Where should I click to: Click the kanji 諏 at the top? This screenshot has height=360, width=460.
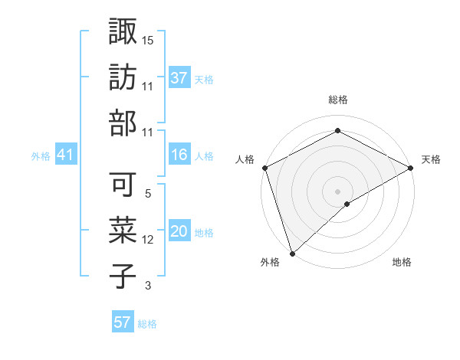click(x=123, y=33)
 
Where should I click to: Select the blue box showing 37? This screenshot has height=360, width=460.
click(x=179, y=77)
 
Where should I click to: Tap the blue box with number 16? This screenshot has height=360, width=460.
click(x=179, y=155)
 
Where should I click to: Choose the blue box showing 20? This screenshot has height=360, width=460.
click(x=179, y=232)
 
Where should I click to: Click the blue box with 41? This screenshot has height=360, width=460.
click(x=65, y=155)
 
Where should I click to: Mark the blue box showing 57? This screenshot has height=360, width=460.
click(x=123, y=322)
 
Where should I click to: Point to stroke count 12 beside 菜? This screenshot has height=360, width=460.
click(x=148, y=240)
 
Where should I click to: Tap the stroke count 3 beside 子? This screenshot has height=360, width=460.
click(x=148, y=286)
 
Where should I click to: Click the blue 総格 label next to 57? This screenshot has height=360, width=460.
click(x=147, y=324)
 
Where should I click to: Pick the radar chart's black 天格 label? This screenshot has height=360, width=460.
click(x=431, y=159)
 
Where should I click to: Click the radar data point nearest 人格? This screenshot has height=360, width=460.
click(x=264, y=168)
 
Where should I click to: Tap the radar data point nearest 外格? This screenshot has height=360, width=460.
click(x=291, y=253)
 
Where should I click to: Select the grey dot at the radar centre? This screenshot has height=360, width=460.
click(x=337, y=191)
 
